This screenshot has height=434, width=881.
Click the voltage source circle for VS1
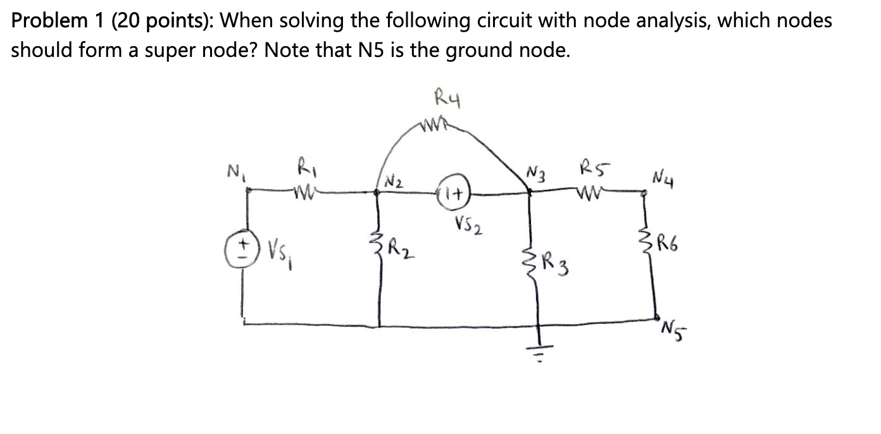tap(242, 245)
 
